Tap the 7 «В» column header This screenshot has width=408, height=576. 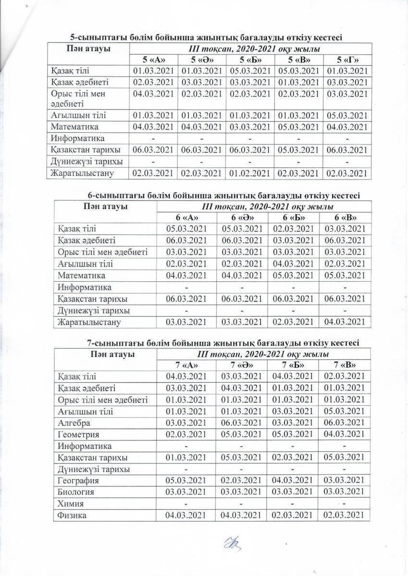click(x=345, y=364)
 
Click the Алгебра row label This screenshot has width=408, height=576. click(x=74, y=423)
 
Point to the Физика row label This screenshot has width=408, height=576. click(x=72, y=516)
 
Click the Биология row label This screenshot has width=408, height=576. click(x=75, y=492)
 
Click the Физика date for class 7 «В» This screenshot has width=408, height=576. click(x=345, y=516)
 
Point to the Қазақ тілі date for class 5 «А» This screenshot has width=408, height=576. click(x=153, y=71)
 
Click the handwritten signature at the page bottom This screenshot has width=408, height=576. click(x=233, y=545)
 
